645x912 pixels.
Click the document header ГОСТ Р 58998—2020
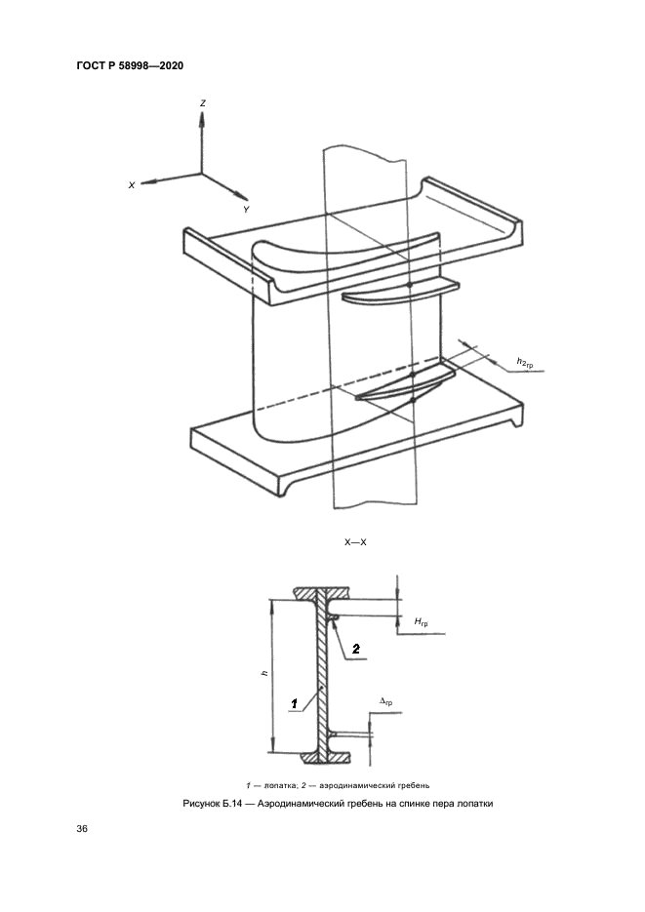130,65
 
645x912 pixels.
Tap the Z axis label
202,103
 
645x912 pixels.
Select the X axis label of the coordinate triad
132,185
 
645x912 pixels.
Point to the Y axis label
246,210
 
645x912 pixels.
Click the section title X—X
355,542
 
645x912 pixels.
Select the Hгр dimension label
422,622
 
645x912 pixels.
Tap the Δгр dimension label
385,701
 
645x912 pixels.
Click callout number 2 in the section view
356,649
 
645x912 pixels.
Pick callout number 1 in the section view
295,704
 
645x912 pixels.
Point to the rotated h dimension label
264,674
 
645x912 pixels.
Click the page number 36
82,828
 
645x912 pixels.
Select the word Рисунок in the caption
201,805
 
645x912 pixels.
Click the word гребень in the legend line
413,785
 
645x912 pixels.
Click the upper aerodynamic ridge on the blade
400,292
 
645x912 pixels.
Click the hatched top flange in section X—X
322,594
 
